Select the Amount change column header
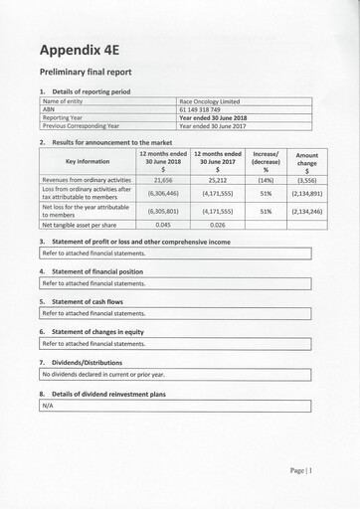pos(307,161)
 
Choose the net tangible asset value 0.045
pos(163,225)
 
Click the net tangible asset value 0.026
pos(218,225)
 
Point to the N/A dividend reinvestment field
pos(48,406)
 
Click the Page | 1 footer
pos(301,470)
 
